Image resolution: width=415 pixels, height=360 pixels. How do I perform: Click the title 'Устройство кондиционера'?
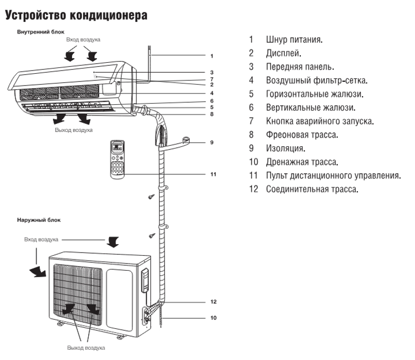[76, 16]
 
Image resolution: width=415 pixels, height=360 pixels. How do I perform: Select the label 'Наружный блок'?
[38, 220]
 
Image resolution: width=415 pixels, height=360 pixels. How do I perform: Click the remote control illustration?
[118, 159]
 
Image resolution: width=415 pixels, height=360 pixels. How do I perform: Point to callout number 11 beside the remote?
[213, 174]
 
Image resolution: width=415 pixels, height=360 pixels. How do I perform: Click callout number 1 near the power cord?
[212, 55]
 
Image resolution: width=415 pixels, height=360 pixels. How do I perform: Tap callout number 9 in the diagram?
[212, 142]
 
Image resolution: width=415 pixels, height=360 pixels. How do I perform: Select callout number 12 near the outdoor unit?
[213, 301]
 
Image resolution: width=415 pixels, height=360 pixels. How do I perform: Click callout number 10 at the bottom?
[213, 317]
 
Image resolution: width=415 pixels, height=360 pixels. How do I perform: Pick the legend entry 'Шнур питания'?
[294, 39]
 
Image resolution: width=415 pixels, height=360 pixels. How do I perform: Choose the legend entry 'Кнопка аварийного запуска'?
[320, 121]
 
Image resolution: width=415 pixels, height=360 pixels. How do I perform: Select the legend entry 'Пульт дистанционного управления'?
[333, 175]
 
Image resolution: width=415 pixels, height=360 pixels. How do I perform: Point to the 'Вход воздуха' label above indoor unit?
[83, 39]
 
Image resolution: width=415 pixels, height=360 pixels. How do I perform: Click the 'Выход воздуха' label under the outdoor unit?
[86, 348]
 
